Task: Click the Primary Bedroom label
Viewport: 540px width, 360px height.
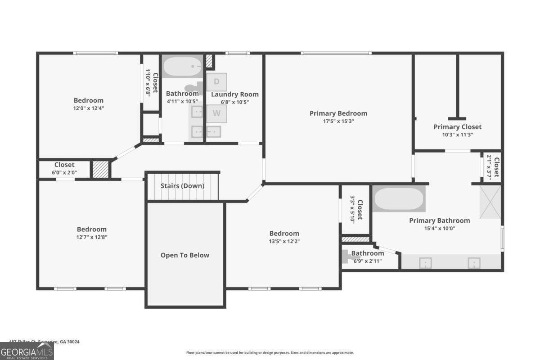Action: [x=338, y=113]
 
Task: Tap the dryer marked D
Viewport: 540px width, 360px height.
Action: [x=216, y=82]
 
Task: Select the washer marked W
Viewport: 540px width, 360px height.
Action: [x=216, y=113]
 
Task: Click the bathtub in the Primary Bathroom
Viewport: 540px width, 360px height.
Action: [x=399, y=199]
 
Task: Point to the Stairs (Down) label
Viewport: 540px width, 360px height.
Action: [x=182, y=186]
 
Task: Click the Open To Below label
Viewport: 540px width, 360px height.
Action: [x=185, y=255]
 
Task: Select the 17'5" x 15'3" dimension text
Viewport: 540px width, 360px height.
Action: [x=338, y=121]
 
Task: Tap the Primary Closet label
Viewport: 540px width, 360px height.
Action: [x=457, y=127]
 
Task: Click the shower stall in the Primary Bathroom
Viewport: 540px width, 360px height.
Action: [x=490, y=202]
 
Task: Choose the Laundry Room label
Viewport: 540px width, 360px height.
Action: [x=235, y=94]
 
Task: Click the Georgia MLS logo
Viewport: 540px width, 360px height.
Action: [x=27, y=351]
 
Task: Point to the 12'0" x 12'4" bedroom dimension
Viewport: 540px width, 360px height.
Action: [x=89, y=108]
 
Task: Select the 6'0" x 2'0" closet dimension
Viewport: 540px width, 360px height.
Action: [x=64, y=172]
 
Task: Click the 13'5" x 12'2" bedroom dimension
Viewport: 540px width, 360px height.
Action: [x=284, y=241]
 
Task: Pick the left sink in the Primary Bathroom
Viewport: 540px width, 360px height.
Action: [x=425, y=262]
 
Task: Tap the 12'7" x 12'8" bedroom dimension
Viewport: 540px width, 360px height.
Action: [x=92, y=237]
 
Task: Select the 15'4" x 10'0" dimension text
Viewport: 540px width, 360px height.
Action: [x=439, y=228]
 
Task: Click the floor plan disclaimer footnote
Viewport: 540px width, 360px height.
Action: [x=270, y=353]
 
